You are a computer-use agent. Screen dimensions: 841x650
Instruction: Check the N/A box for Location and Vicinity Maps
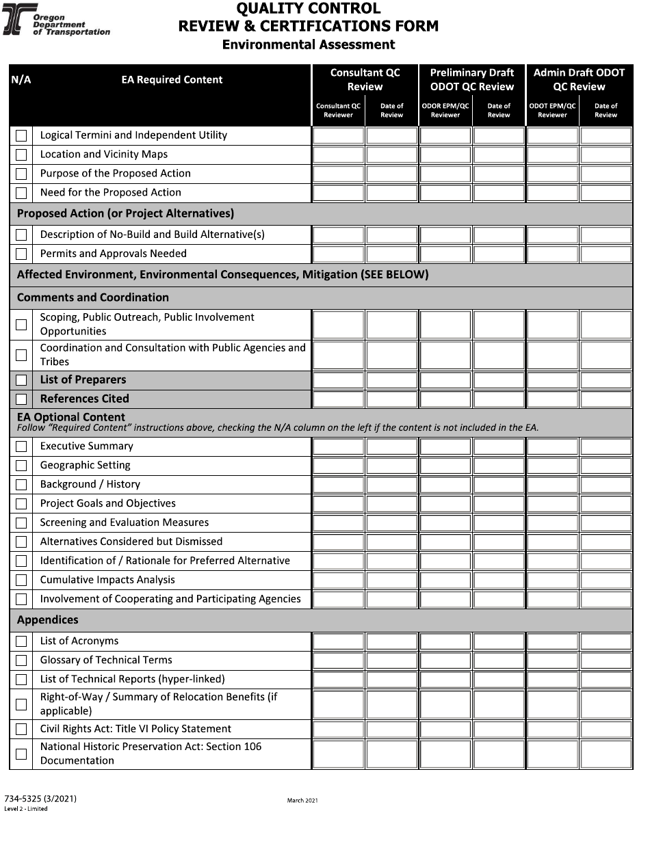click(x=21, y=155)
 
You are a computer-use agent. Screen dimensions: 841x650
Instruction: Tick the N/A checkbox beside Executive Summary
click(x=21, y=447)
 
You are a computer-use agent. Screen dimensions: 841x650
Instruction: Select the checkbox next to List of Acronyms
click(x=21, y=642)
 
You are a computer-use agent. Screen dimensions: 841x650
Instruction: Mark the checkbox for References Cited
click(x=21, y=399)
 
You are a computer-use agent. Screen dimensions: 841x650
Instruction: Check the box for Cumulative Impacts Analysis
click(x=21, y=580)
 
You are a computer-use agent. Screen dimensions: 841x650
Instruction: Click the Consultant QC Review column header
click(x=365, y=80)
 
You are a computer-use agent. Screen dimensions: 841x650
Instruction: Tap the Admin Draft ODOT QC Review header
click(x=579, y=80)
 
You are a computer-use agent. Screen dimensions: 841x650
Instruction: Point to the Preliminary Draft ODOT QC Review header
click(x=471, y=80)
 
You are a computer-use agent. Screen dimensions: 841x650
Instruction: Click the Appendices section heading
click(x=48, y=620)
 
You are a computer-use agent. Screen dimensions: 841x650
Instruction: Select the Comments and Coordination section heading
click(x=92, y=297)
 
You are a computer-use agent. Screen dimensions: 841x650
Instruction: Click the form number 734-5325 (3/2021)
click(x=40, y=799)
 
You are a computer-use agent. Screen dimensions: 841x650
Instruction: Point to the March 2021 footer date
click(x=302, y=801)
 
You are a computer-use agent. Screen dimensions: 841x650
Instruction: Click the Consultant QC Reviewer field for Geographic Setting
click(x=338, y=466)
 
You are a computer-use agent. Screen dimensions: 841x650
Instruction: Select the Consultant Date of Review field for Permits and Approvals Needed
click(x=391, y=254)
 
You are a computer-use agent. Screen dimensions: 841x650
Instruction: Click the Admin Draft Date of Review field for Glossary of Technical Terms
click(x=606, y=661)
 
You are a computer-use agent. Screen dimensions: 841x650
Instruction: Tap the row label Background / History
click(x=90, y=485)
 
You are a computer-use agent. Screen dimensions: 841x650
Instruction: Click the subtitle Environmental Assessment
click(x=309, y=44)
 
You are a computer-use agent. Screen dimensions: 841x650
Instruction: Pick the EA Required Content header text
click(x=172, y=80)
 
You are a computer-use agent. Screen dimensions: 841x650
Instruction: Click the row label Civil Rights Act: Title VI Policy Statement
click(x=135, y=730)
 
